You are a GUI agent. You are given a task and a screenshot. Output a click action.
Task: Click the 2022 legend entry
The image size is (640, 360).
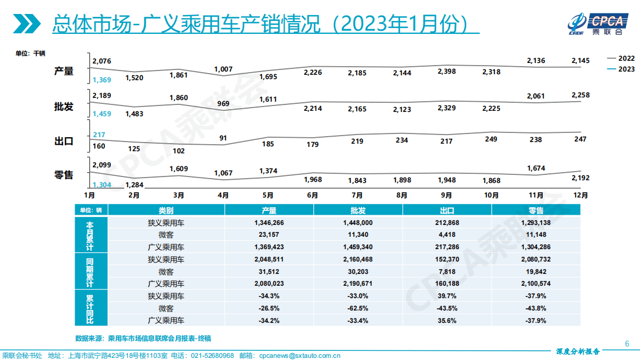pos(621,58)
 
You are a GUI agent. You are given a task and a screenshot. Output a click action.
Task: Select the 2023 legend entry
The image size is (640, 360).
pos(621,69)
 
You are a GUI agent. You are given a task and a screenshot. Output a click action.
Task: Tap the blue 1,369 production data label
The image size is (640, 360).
pos(102,80)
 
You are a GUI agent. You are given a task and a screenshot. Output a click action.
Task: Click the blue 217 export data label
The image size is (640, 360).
pos(98,135)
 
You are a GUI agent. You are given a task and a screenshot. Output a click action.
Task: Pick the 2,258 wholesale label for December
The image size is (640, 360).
pos(580,95)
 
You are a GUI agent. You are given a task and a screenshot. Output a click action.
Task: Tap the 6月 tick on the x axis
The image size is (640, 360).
pos(312,195)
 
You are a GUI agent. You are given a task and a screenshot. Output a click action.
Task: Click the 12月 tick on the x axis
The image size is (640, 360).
pos(580,195)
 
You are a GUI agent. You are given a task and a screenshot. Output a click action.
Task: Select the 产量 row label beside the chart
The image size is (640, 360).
pos(63,71)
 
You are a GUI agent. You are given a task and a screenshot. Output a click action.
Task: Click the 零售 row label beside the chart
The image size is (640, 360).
pos(63,175)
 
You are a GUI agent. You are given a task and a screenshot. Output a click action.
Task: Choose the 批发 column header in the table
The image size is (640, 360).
pos(358,210)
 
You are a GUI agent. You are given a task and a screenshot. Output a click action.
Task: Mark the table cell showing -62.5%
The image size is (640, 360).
pos(358,308)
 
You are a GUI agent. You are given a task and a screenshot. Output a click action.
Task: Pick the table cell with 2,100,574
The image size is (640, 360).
pos(536,284)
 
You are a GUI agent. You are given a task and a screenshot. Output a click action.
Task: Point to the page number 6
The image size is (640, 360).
pos(627,344)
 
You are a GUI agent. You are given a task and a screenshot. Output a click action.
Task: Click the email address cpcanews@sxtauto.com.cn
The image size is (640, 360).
pos(299,356)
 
